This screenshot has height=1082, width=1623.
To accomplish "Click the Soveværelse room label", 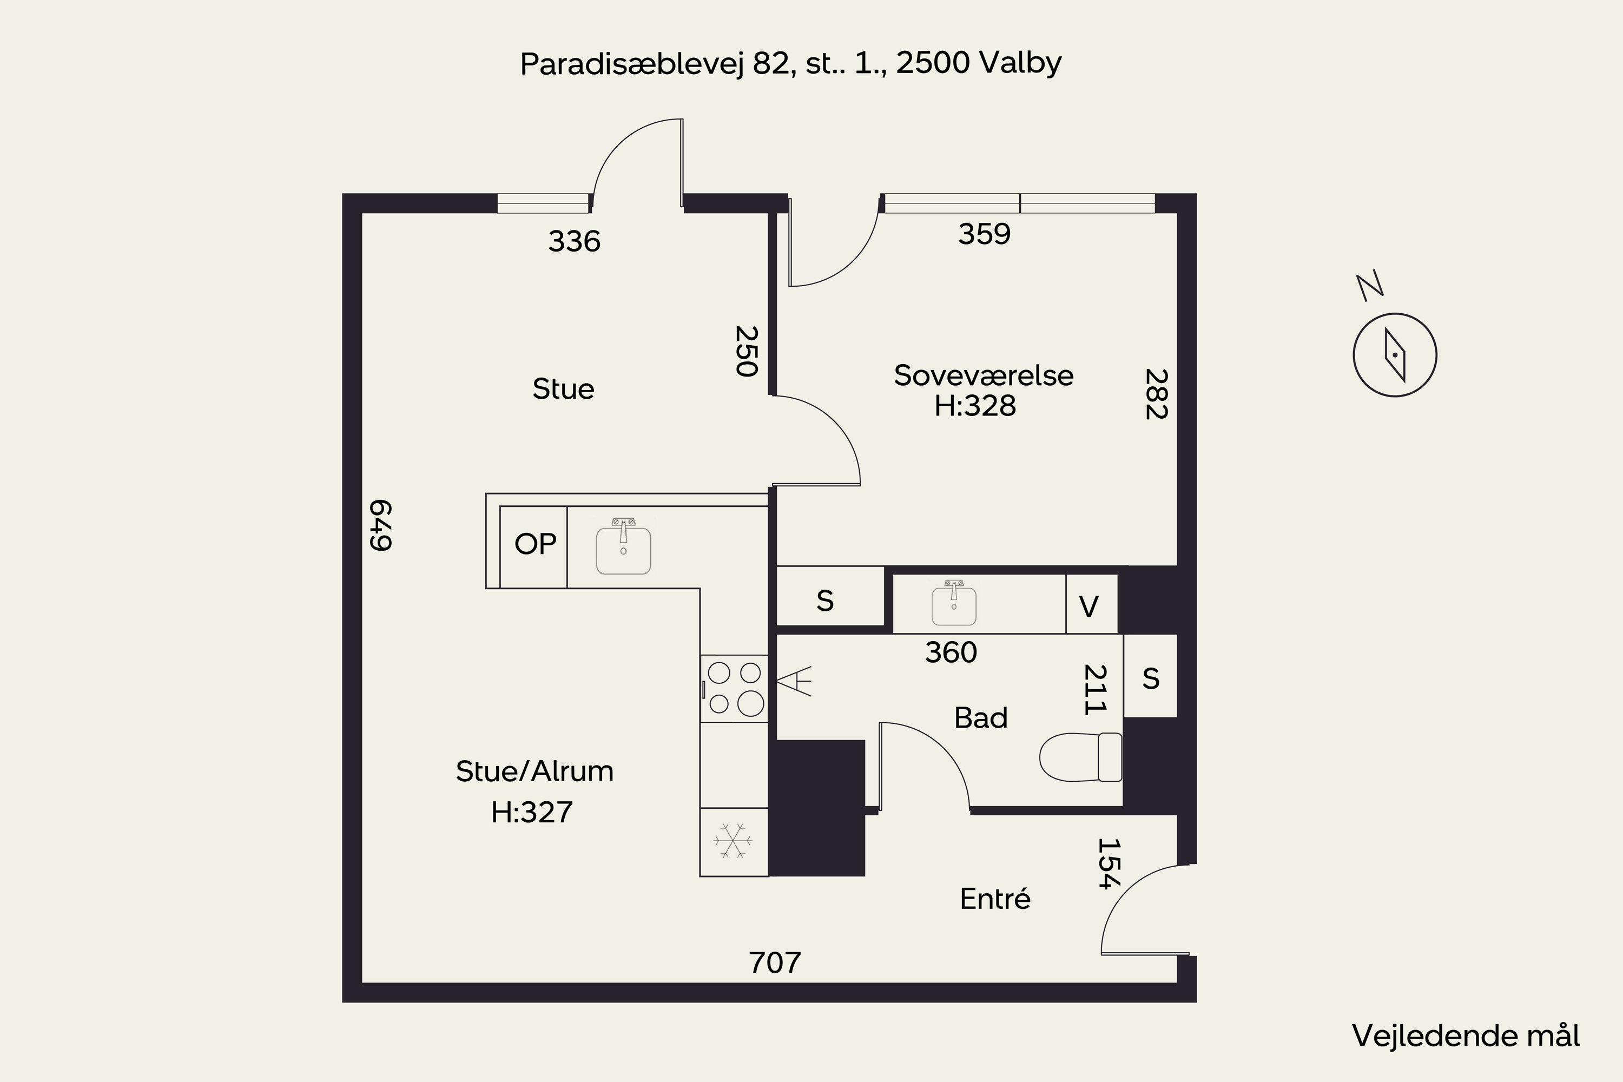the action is (984, 375).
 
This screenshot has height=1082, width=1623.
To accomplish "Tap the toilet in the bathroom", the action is (1080, 757).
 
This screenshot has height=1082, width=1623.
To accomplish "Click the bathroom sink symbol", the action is (954, 603).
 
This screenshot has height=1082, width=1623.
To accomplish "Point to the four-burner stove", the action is (734, 688).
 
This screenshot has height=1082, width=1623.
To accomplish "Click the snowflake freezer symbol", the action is (733, 841).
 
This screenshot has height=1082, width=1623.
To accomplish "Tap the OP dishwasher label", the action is (535, 544).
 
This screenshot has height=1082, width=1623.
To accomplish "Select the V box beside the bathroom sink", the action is (1092, 604).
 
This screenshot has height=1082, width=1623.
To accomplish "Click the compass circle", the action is (1395, 355).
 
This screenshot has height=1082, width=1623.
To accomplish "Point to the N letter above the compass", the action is (1370, 286).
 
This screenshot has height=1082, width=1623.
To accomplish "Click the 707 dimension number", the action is (775, 962).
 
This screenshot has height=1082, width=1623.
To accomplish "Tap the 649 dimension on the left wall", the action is (381, 525).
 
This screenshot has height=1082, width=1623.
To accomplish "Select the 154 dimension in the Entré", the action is (1108, 864).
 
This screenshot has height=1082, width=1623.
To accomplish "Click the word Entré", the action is (995, 899).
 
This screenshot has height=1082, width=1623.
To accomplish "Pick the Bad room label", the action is (980, 718).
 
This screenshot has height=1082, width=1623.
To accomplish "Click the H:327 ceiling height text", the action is (532, 812).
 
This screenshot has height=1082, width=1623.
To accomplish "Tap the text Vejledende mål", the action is (1466, 1037).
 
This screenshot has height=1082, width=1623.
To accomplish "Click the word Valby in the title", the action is (1020, 63).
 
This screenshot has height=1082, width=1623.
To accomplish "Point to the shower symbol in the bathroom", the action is (794, 681).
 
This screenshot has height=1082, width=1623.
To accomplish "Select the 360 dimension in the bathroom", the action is (951, 653).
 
